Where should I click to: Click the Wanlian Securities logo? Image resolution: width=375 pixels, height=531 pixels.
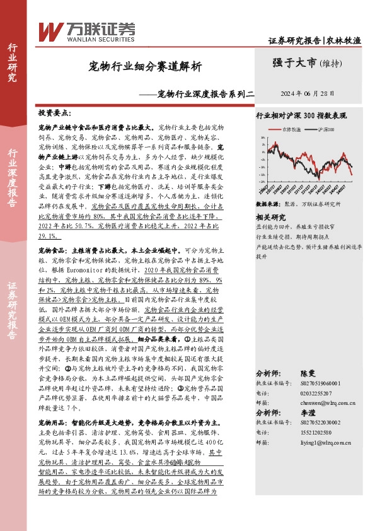[86, 29]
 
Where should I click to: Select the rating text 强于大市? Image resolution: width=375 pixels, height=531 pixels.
[293, 62]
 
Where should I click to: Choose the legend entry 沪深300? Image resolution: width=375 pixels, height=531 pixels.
[325, 129]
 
